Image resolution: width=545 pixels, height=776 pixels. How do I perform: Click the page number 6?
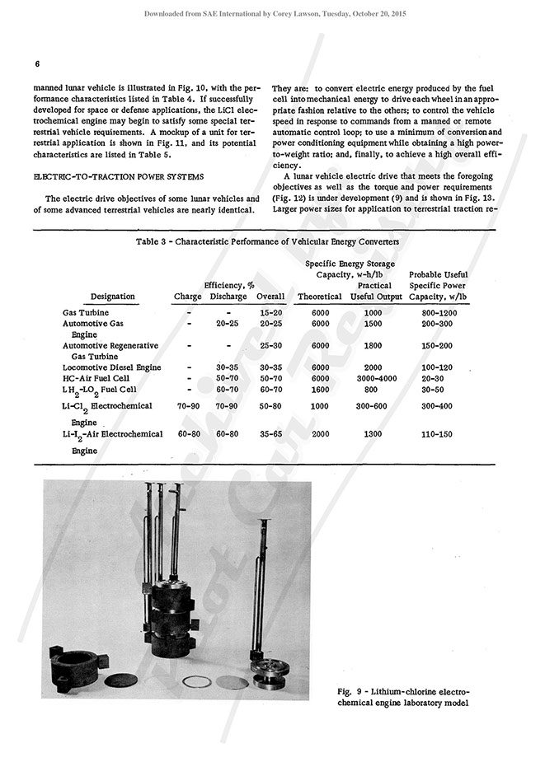[x=38, y=64]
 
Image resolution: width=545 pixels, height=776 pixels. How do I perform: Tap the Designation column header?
[x=113, y=297]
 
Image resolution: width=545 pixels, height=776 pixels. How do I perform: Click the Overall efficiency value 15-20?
[x=271, y=313]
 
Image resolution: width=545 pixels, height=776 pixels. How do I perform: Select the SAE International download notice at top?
[x=272, y=14]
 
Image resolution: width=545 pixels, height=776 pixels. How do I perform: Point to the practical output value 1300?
[x=376, y=433]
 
